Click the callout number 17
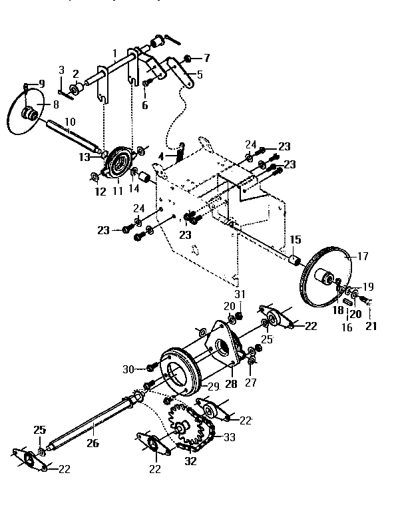click(x=363, y=255)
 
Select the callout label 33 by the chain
click(x=229, y=437)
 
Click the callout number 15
click(x=295, y=239)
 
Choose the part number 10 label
click(x=71, y=122)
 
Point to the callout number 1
click(x=114, y=53)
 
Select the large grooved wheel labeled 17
click(x=326, y=275)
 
